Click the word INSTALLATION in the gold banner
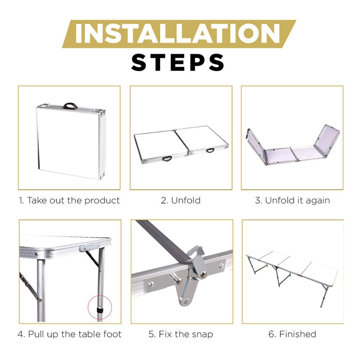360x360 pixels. click(177, 33)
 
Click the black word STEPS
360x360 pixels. click(178, 62)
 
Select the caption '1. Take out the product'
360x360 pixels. click(69, 201)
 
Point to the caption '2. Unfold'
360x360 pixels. click(181, 201)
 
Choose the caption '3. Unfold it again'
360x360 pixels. click(292, 201)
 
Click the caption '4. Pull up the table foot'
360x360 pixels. click(69, 334)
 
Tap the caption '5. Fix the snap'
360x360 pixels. click(181, 334)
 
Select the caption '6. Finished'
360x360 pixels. click(292, 334)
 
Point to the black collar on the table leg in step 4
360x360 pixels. click(100, 311)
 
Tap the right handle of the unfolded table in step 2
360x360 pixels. click(210, 150)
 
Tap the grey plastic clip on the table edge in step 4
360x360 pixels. click(90, 248)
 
